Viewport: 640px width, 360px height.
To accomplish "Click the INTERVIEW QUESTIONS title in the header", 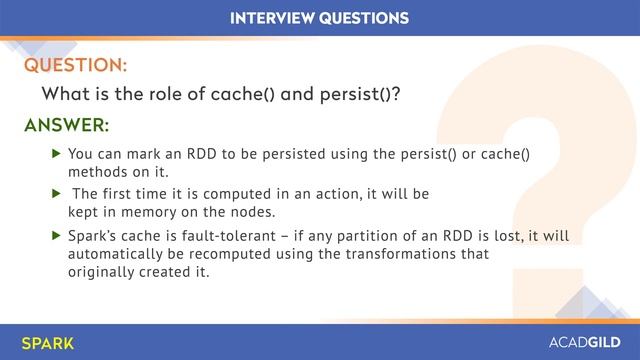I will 319,18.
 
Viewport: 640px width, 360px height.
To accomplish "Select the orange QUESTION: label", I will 75,65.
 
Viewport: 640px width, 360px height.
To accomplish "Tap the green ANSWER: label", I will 66,126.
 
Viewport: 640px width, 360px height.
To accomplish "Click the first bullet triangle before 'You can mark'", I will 56,155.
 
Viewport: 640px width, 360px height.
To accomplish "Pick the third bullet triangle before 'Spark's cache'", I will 56,237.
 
